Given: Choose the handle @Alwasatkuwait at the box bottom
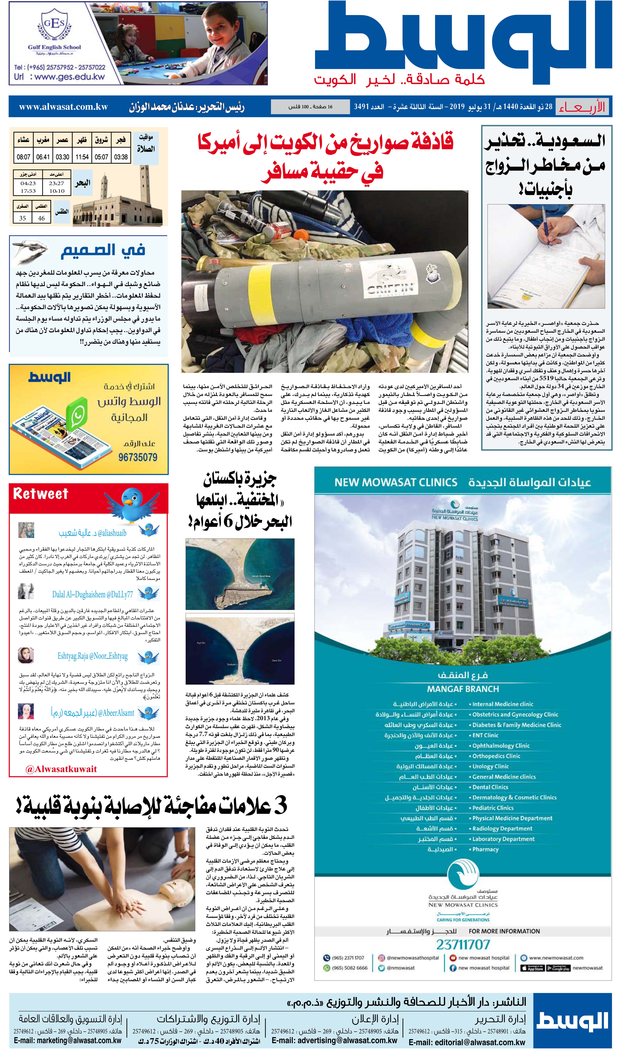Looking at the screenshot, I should (x=61, y=769).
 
